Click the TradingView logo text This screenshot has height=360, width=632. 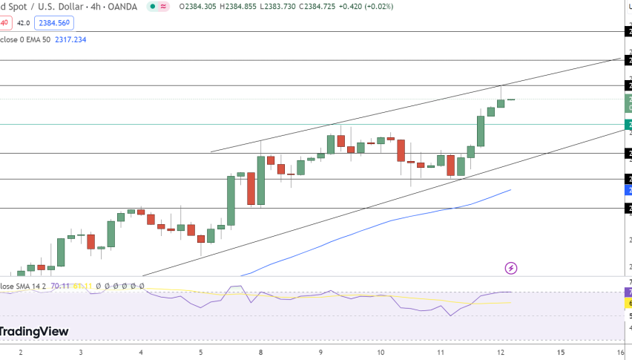click(34, 332)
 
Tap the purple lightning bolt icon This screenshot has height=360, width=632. click(510, 267)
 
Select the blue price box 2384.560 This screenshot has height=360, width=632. click(56, 23)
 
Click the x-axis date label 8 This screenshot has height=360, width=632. click(260, 352)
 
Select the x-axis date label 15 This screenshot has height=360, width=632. click(561, 352)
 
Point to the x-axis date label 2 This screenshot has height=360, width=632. click(20, 352)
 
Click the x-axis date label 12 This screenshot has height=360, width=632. click(501, 352)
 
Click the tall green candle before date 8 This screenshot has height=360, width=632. click(231, 200)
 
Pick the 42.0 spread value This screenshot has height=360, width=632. click(24, 23)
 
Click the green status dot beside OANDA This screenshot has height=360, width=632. click(152, 6)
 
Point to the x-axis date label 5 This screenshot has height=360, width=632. click(201, 352)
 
